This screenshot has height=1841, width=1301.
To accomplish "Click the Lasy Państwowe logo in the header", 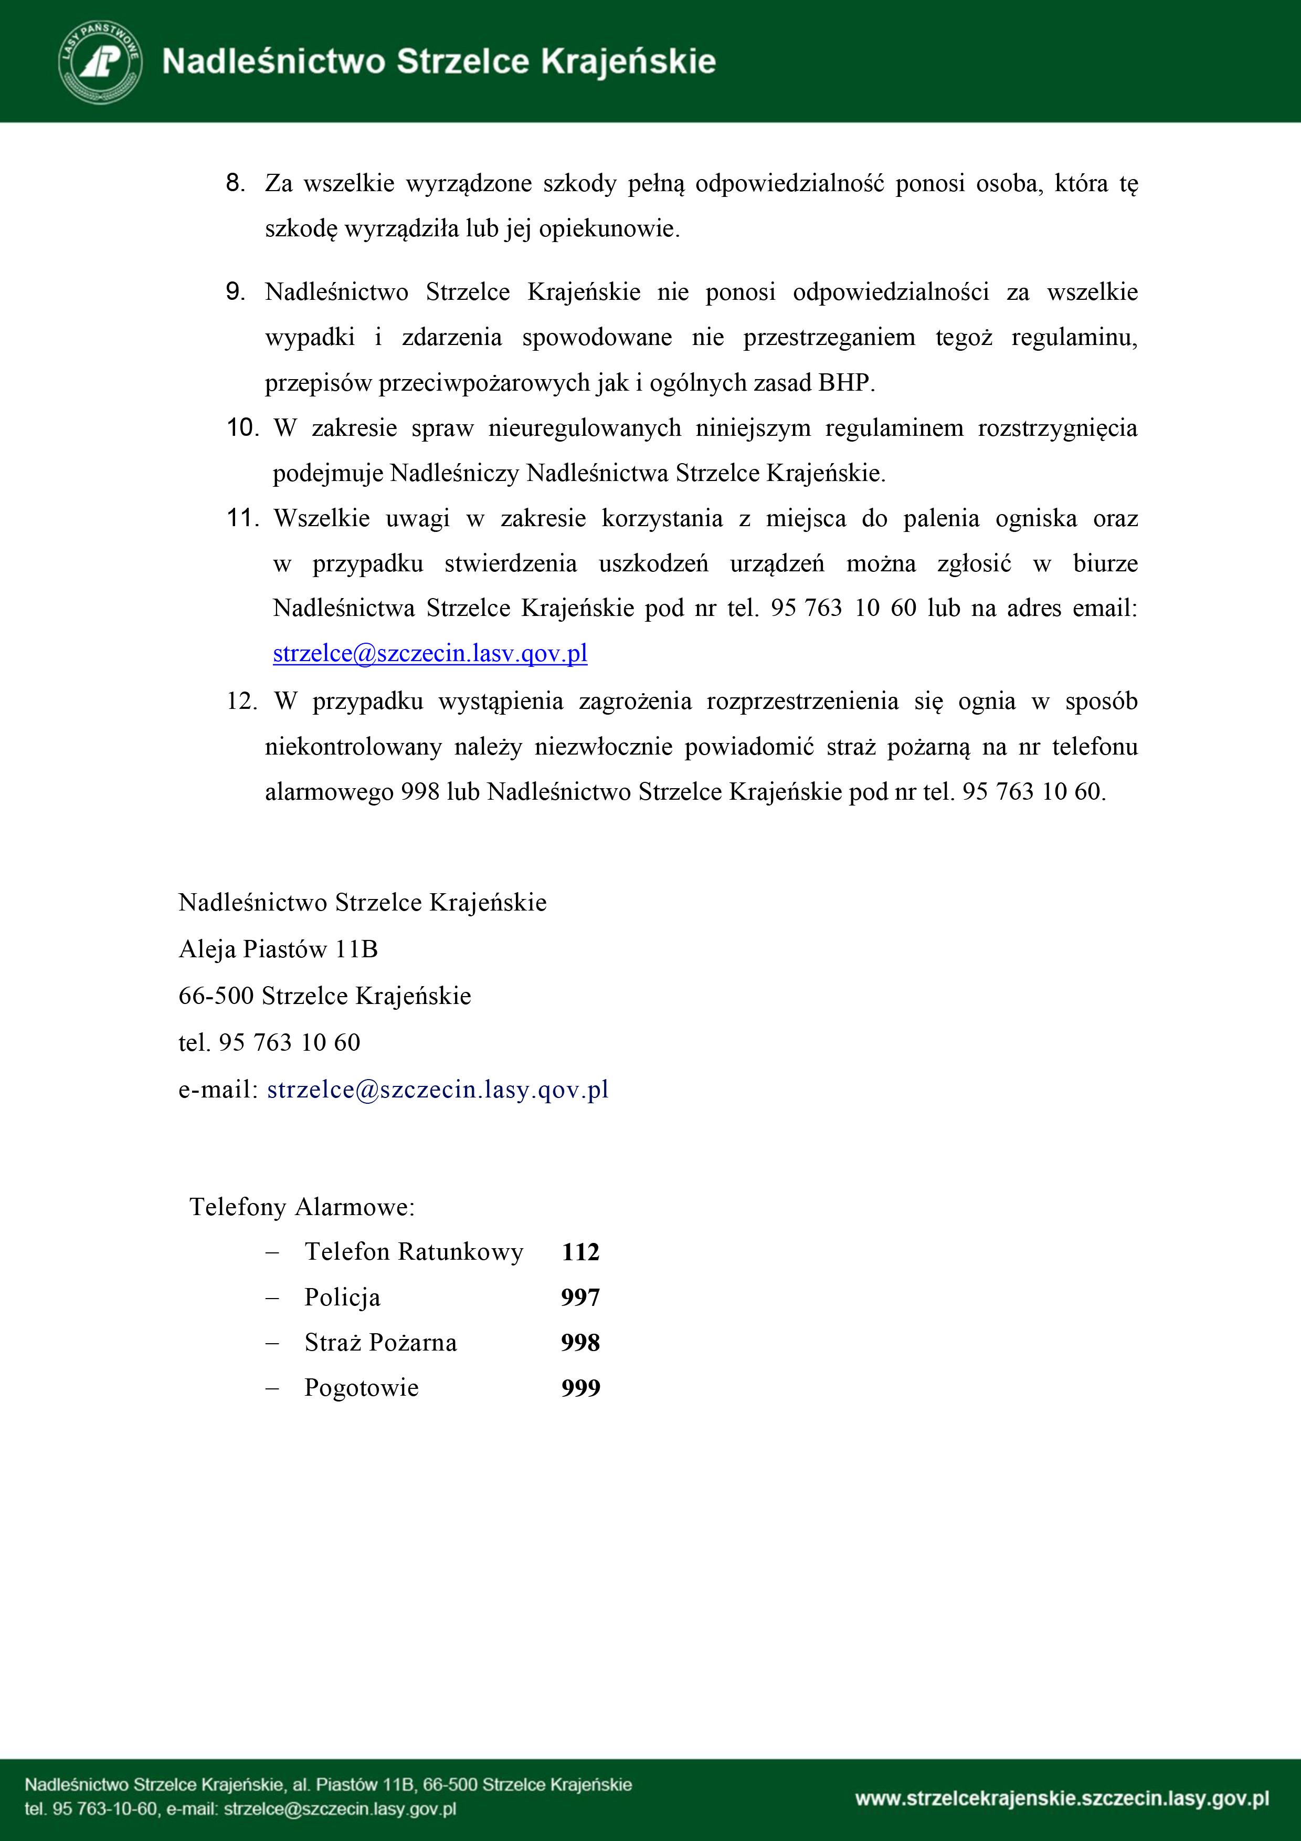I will (x=100, y=62).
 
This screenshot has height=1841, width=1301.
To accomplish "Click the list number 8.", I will (x=235, y=183).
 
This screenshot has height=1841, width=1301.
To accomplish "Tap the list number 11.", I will (x=242, y=518).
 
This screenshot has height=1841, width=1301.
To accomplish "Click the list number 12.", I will (x=241, y=702).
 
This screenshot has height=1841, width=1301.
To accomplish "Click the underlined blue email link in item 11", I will (x=430, y=654).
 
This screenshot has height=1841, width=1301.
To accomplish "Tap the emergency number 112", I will (x=580, y=1252).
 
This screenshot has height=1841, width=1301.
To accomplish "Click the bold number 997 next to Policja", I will (x=580, y=1298).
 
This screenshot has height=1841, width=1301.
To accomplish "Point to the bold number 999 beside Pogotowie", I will (x=580, y=1388).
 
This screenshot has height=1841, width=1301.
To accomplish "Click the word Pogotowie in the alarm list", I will (x=362, y=1388).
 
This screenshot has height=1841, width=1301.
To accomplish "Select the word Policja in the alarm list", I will (x=342, y=1298).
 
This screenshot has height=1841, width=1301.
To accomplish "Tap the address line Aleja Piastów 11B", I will (x=278, y=949).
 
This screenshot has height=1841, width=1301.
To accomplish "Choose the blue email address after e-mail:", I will (x=438, y=1090).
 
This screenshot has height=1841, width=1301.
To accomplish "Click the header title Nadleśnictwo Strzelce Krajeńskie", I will (x=438, y=62).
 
